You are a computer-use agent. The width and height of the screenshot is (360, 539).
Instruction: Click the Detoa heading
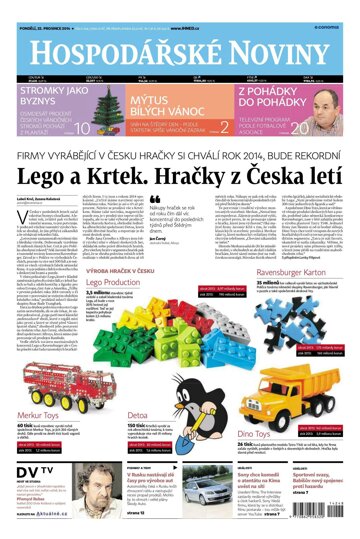140,414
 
